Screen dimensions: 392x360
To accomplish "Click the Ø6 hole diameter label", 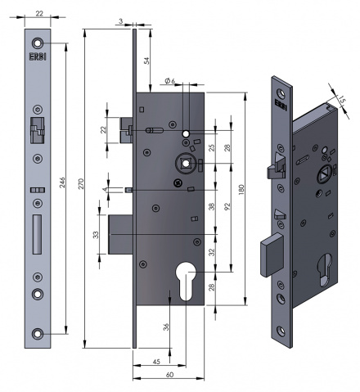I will coord(171,80).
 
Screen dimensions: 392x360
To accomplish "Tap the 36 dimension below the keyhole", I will coord(167,327).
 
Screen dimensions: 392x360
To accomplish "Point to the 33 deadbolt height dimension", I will coord(96,235).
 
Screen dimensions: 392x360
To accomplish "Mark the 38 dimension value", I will coord(211,208).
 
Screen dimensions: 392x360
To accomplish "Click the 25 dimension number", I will coord(211,147).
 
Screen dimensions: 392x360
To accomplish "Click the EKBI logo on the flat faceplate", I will coord(38,58).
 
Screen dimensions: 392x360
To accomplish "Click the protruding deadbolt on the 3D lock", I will coord(272,253).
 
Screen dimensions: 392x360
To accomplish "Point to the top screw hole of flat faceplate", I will coord(38,43).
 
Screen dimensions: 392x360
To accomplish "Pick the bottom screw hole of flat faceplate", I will coord(38,332).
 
